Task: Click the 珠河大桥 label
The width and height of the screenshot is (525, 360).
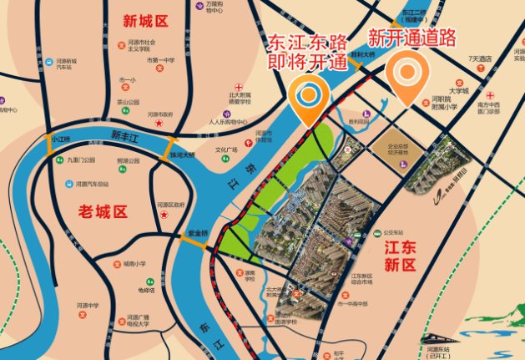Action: (x=181, y=155)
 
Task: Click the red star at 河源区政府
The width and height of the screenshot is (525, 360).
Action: (x=165, y=215)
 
